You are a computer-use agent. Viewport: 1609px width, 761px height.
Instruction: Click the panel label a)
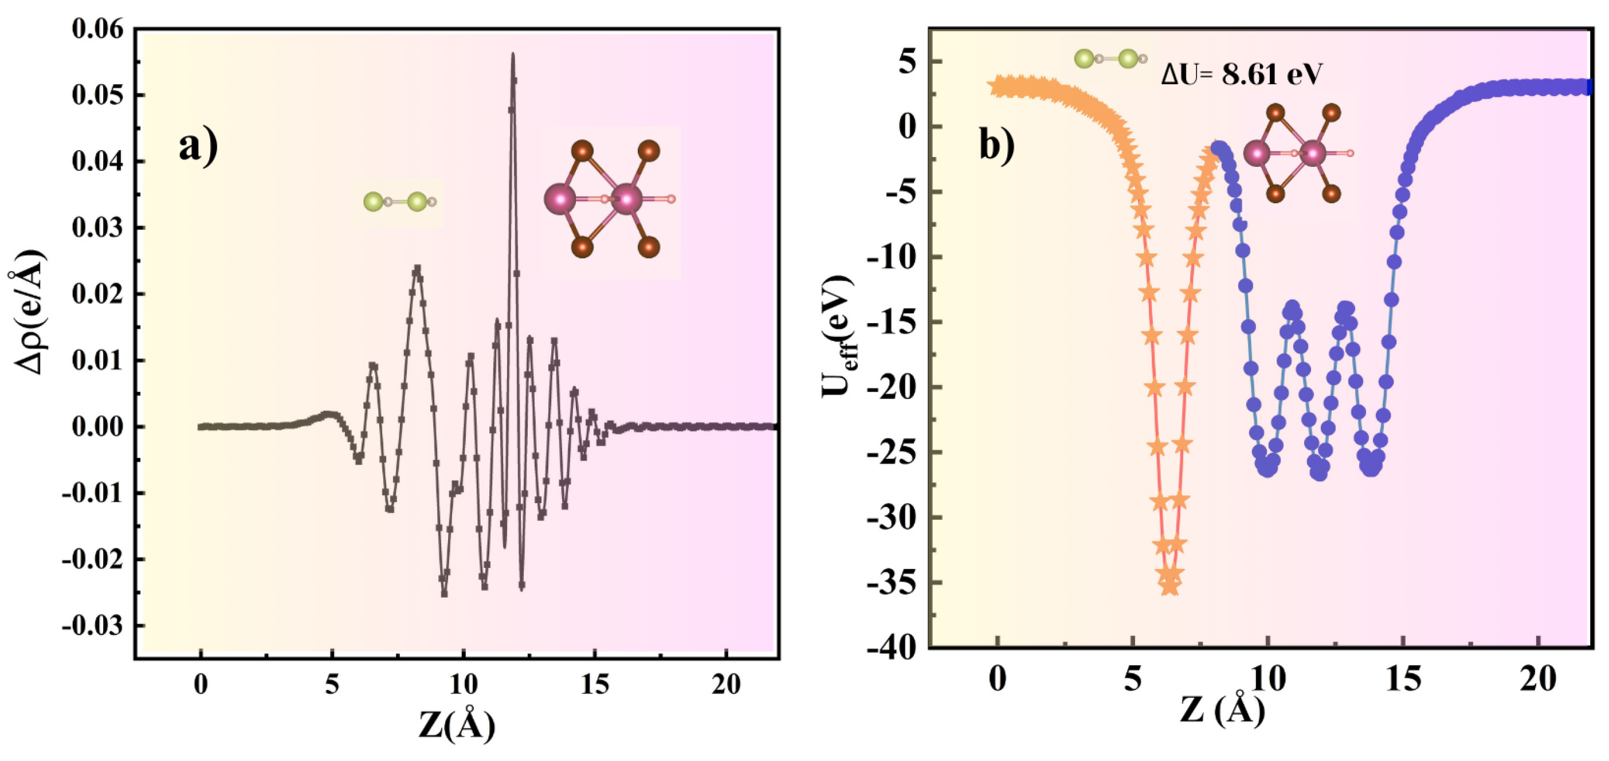tap(199, 147)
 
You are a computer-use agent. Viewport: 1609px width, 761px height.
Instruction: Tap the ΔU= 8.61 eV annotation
tap(1241, 76)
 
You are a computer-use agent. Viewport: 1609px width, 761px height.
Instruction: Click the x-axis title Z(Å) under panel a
tap(457, 725)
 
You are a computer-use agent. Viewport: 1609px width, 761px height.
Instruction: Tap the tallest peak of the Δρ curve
tap(513, 56)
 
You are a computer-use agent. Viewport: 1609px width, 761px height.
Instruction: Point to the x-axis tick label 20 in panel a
tap(726, 685)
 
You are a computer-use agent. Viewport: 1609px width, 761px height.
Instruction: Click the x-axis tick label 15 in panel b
tap(1403, 678)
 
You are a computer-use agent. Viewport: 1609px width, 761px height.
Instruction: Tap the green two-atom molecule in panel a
tap(401, 202)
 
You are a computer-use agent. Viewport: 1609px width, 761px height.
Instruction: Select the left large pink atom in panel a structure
tap(560, 199)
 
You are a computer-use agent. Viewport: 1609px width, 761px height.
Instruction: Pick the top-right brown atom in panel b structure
tap(1331, 113)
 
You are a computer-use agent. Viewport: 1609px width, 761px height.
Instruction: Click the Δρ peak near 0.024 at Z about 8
tap(417, 269)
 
